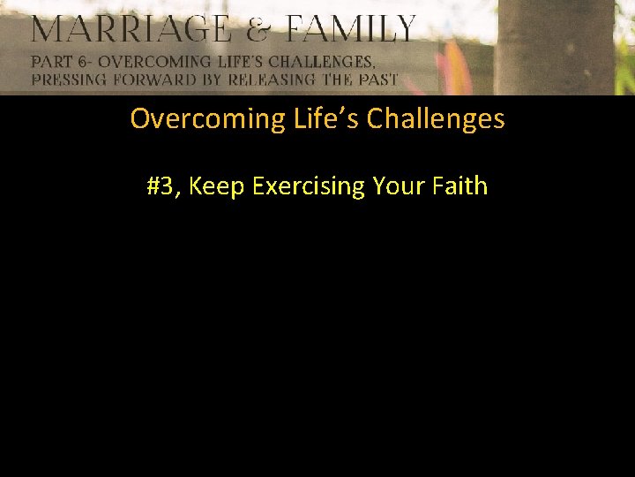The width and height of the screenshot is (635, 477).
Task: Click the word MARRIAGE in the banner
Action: pyautogui.click(x=131, y=30)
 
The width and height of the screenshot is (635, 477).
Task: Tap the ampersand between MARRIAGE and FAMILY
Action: pyautogui.click(x=258, y=30)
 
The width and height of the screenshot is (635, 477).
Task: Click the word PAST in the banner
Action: pyautogui.click(x=377, y=79)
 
